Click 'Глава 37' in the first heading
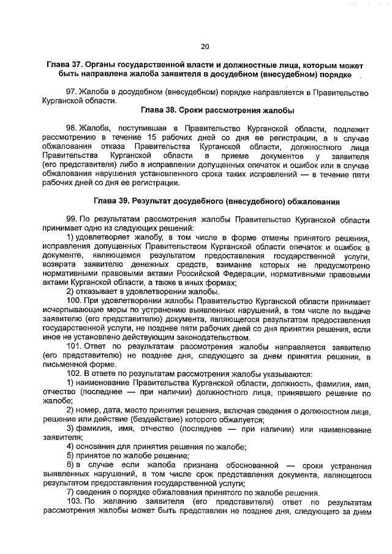tap(64, 65)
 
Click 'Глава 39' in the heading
tap(111, 201)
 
